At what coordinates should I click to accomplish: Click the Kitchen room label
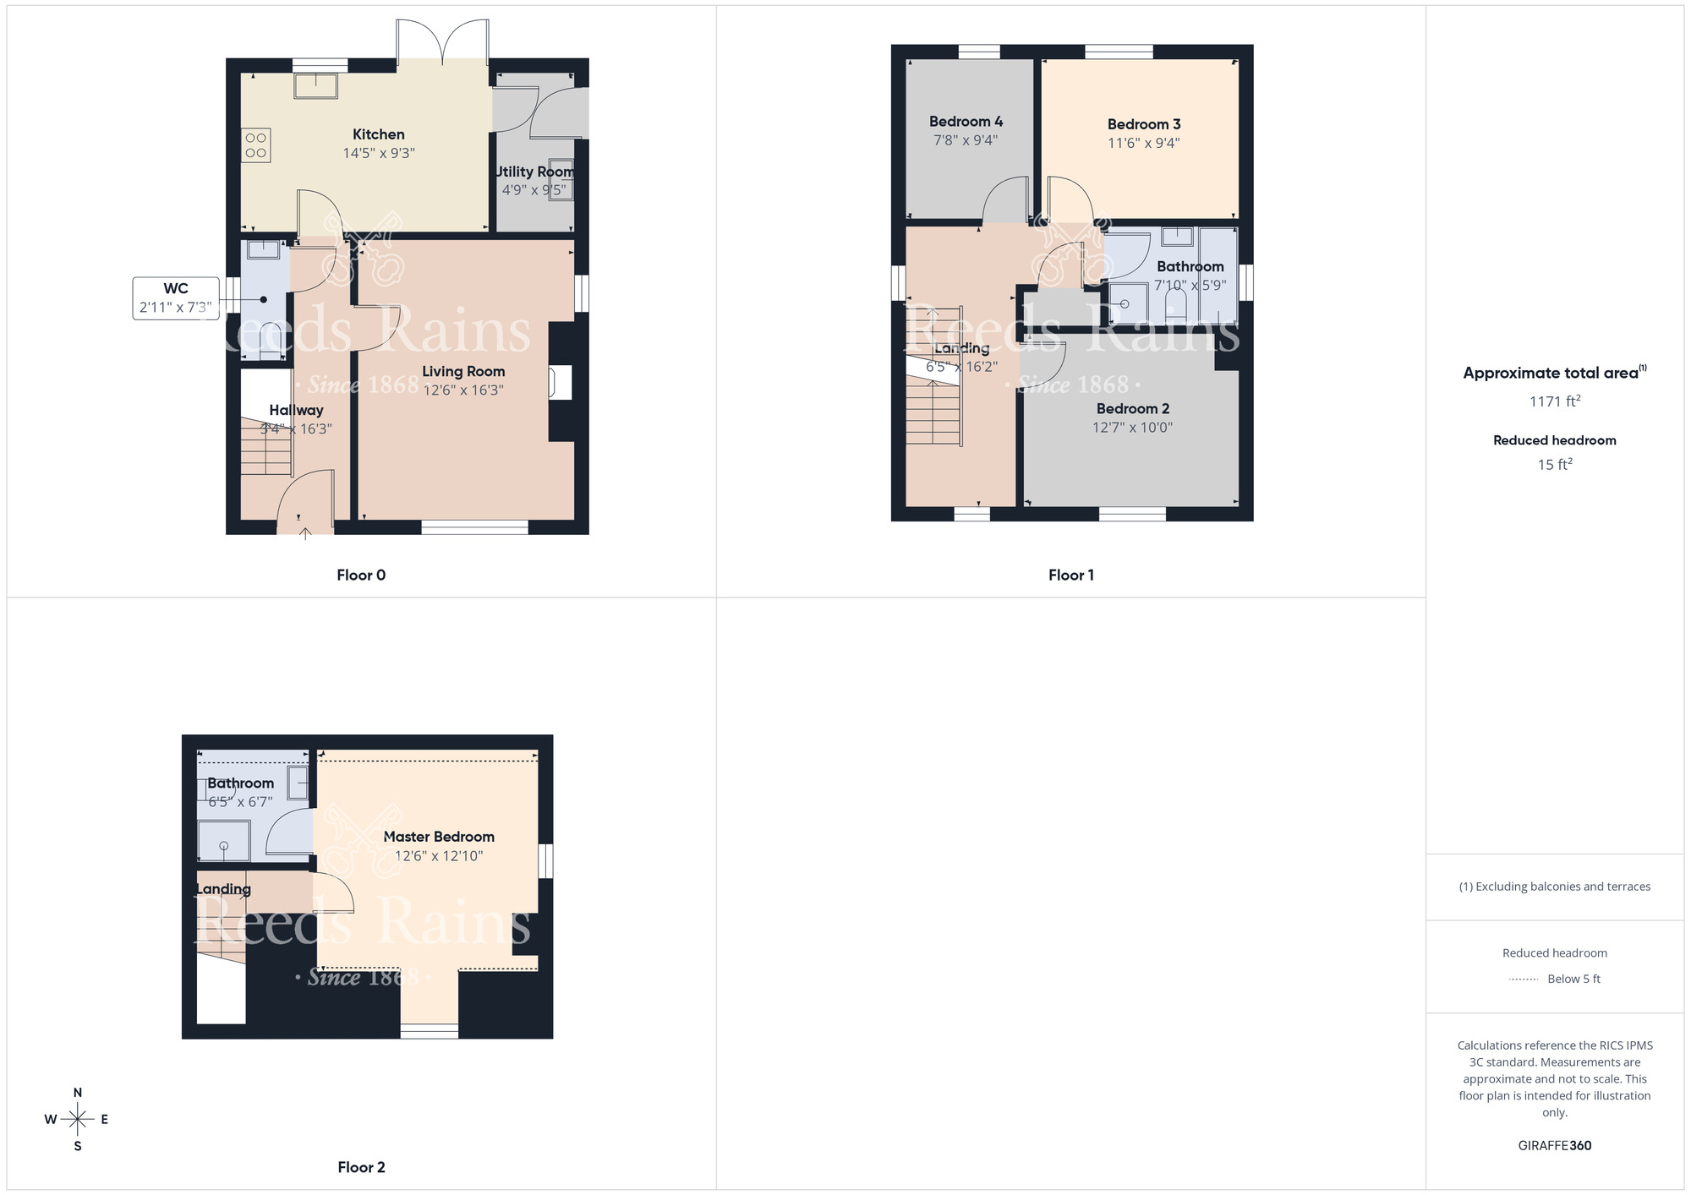[x=378, y=134]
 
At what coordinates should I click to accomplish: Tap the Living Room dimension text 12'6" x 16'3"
[x=463, y=390]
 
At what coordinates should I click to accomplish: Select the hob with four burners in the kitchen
[x=256, y=145]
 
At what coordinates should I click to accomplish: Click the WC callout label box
[x=176, y=298]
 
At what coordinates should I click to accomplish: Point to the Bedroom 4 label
[x=966, y=122]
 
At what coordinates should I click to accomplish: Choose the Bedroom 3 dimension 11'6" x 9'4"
[x=1143, y=144]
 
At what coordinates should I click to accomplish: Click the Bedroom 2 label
[x=1132, y=409]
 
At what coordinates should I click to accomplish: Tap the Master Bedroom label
[x=439, y=837]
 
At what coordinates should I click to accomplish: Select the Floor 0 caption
[x=361, y=576]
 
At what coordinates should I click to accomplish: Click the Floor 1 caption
[x=1070, y=576]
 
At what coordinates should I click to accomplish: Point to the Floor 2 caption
[x=361, y=1168]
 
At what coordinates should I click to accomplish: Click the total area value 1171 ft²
[x=1554, y=401]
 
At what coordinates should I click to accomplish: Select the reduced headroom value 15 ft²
[x=1554, y=465]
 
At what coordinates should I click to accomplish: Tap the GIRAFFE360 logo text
[x=1554, y=1146]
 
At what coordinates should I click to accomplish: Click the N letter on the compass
[x=78, y=1093]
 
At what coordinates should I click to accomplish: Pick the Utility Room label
[x=534, y=172]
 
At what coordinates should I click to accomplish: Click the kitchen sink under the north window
[x=315, y=86]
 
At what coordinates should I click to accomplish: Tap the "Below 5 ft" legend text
[x=1573, y=979]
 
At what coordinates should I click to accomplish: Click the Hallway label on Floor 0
[x=296, y=411]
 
